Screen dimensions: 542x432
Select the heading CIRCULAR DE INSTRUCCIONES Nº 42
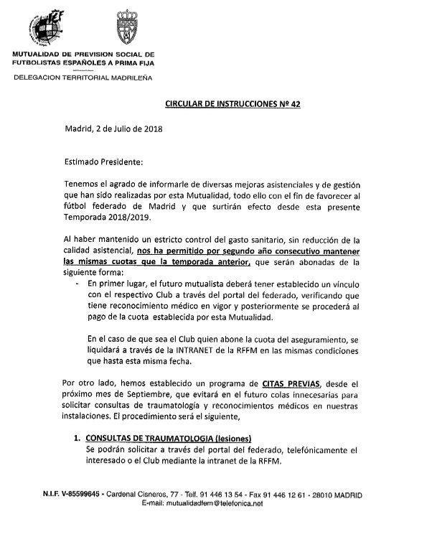(x=230, y=103)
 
